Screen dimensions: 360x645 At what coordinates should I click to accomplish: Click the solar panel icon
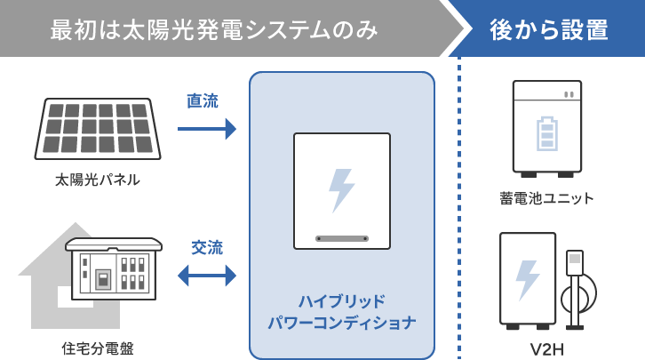(98, 128)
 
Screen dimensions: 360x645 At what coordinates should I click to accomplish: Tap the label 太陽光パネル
(98, 180)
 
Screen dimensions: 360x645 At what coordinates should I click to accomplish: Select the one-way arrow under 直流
(206, 129)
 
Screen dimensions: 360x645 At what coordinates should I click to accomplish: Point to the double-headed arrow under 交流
(207, 276)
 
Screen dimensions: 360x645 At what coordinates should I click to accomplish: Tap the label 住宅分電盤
(98, 348)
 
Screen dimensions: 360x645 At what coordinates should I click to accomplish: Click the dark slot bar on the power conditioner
(342, 238)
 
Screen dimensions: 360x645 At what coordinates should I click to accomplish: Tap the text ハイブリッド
(342, 300)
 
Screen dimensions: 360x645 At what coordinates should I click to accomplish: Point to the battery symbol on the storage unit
(545, 132)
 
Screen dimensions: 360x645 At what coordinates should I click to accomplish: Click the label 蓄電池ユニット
(546, 197)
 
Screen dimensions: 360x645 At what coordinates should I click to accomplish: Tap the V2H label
(546, 348)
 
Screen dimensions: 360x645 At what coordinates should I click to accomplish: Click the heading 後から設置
(549, 29)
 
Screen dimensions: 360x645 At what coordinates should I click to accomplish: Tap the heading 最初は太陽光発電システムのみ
(214, 29)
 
